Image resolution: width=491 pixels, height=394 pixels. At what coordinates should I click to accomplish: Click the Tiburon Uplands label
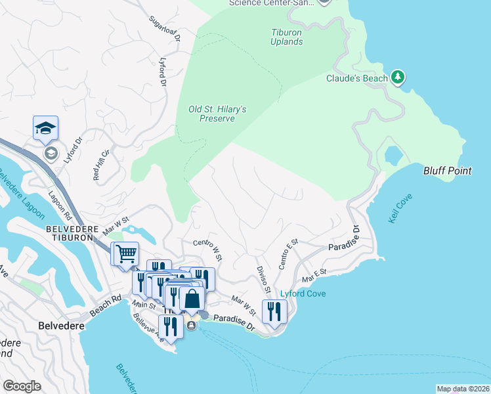tap(287, 37)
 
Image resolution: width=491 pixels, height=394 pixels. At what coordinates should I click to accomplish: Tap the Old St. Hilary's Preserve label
tap(217, 114)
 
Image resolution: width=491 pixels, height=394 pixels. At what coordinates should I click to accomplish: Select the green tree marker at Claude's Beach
tap(397, 78)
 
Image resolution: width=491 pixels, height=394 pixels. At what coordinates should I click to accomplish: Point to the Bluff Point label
tap(447, 171)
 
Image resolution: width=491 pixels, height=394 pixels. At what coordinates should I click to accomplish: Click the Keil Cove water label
tap(398, 209)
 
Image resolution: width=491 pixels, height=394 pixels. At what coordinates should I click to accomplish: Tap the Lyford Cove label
tap(303, 294)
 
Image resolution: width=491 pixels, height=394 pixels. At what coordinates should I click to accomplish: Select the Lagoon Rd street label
tap(60, 206)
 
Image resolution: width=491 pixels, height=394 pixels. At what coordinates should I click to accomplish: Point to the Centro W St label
tap(207, 248)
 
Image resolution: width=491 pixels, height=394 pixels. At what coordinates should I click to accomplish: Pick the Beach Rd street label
tap(107, 307)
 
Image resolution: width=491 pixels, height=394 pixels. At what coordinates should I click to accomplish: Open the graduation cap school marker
tap(45, 127)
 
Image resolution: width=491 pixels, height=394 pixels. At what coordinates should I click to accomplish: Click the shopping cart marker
tap(126, 253)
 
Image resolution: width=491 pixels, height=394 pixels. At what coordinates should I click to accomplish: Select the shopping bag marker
tap(191, 299)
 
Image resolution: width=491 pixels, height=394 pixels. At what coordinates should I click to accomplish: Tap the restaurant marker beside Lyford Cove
tap(275, 311)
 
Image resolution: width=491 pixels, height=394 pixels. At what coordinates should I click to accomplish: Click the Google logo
tap(22, 385)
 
